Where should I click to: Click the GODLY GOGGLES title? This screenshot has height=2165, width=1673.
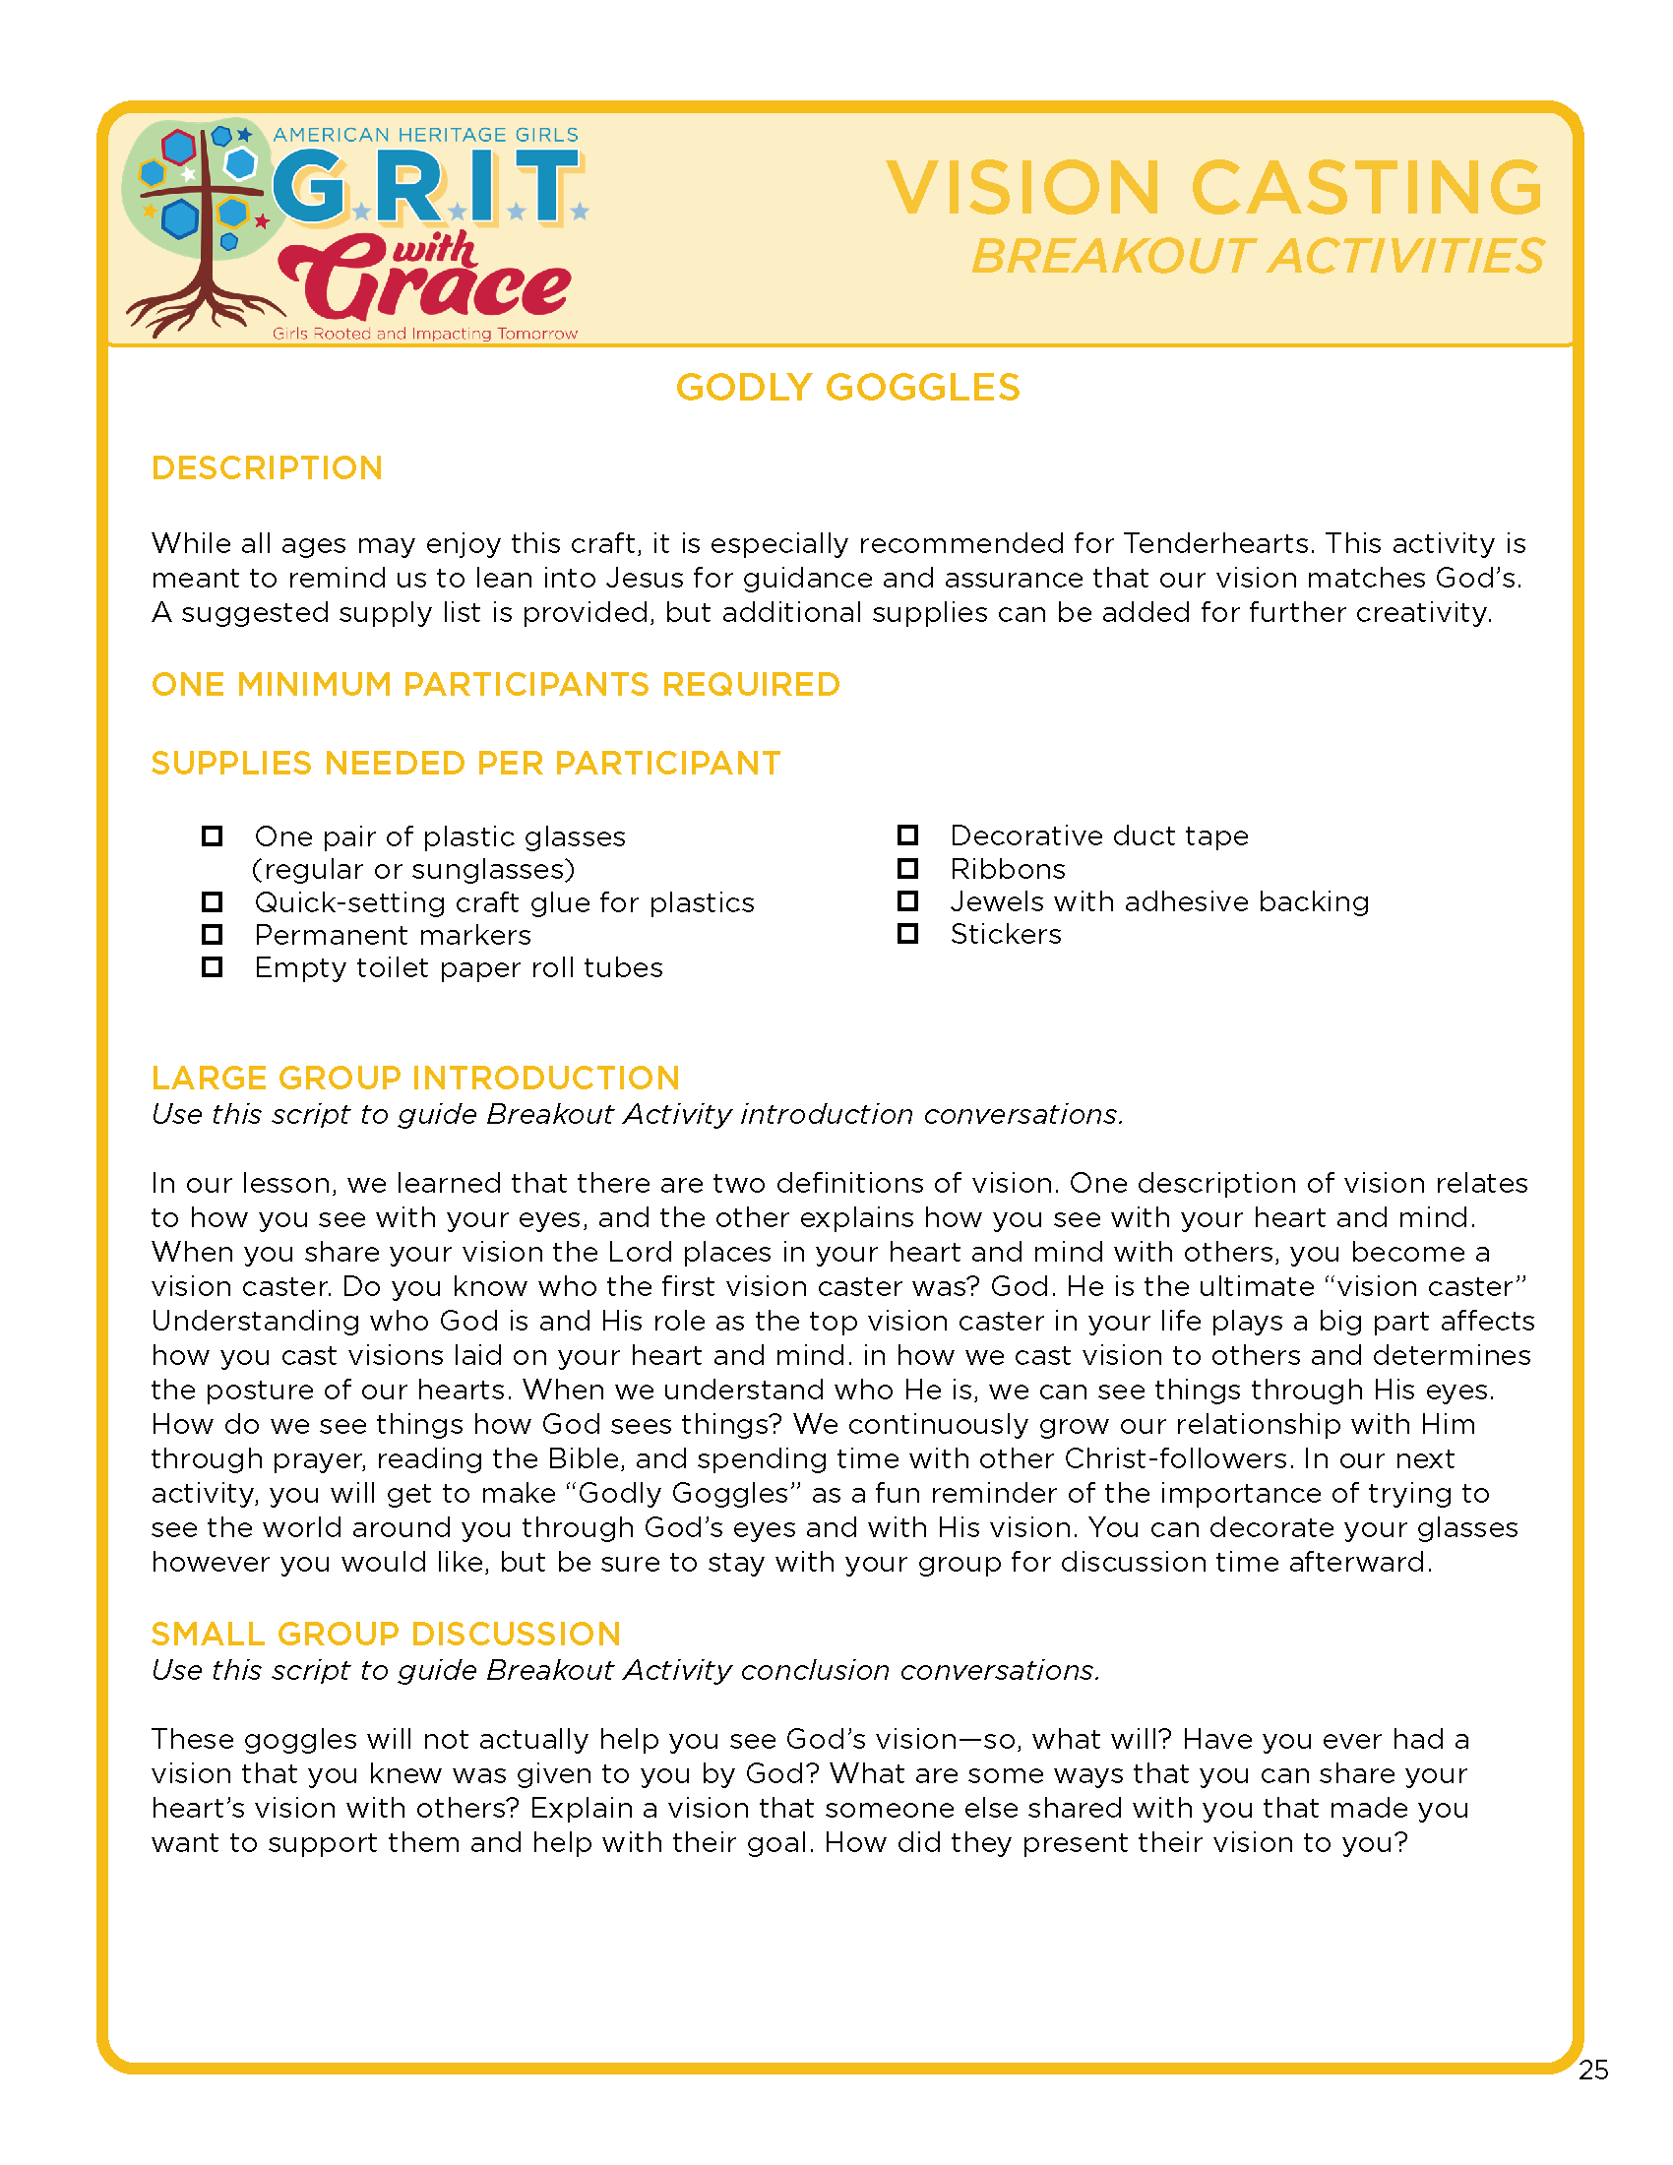pyautogui.click(x=847, y=388)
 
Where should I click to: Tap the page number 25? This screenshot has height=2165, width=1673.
pyautogui.click(x=1592, y=2070)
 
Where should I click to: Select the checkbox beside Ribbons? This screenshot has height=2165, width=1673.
pyautogui.click(x=907, y=868)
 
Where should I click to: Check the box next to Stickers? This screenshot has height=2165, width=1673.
pyautogui.click(x=907, y=934)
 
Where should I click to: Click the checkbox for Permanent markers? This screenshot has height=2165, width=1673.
pyautogui.click(x=213, y=935)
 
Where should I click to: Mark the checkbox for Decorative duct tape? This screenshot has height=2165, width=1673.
pyautogui.click(x=907, y=835)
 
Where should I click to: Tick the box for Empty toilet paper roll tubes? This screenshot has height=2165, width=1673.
pyautogui.click(x=213, y=967)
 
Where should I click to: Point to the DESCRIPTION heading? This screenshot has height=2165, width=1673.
pyautogui.click(x=267, y=467)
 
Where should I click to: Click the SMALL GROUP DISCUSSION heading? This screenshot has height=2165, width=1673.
pyautogui.click(x=386, y=1634)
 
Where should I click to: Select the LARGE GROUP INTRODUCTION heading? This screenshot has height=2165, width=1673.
pyautogui.click(x=415, y=1078)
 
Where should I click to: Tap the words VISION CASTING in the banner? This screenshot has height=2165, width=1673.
pyautogui.click(x=1214, y=187)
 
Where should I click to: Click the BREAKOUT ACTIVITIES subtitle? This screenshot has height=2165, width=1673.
pyautogui.click(x=1257, y=257)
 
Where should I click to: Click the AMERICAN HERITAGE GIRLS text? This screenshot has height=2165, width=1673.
pyautogui.click(x=425, y=135)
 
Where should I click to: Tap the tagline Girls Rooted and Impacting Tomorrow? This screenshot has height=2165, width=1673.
pyautogui.click(x=424, y=334)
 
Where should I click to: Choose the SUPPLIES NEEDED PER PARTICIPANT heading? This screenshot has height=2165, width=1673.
pyautogui.click(x=465, y=764)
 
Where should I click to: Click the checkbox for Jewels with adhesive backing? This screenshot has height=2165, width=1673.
pyautogui.click(x=907, y=901)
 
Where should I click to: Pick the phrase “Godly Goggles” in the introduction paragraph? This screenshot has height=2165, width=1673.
pyautogui.click(x=683, y=1493)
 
